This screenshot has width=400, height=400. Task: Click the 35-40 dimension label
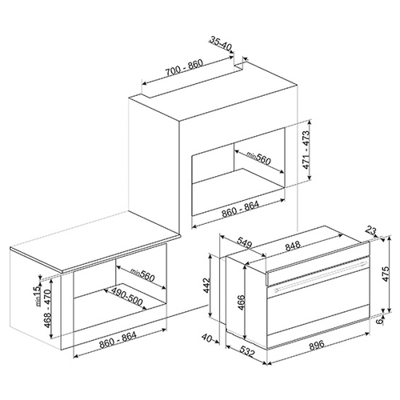220,44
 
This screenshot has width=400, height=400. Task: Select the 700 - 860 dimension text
184,68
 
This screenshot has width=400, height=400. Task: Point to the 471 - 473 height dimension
306,150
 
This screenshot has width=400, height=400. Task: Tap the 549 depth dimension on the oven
244,242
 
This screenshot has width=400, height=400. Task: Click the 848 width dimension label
293,246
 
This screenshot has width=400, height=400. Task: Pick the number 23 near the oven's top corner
371,230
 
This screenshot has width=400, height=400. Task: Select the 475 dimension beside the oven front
386,273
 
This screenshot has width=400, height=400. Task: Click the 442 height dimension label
207,285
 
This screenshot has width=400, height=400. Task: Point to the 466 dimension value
241,302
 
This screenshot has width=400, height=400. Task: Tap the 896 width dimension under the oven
317,344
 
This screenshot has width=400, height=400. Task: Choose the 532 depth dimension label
246,351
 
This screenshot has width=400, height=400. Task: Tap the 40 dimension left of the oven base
206,338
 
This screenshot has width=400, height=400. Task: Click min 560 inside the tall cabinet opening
258,158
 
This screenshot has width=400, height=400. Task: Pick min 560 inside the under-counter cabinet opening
142,274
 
